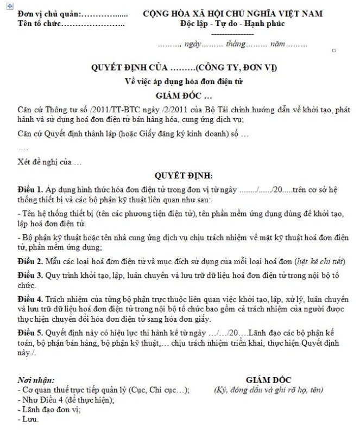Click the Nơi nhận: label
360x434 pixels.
(x=36, y=380)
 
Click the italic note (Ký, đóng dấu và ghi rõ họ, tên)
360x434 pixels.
(x=269, y=390)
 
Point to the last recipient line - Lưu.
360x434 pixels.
(x=28, y=419)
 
